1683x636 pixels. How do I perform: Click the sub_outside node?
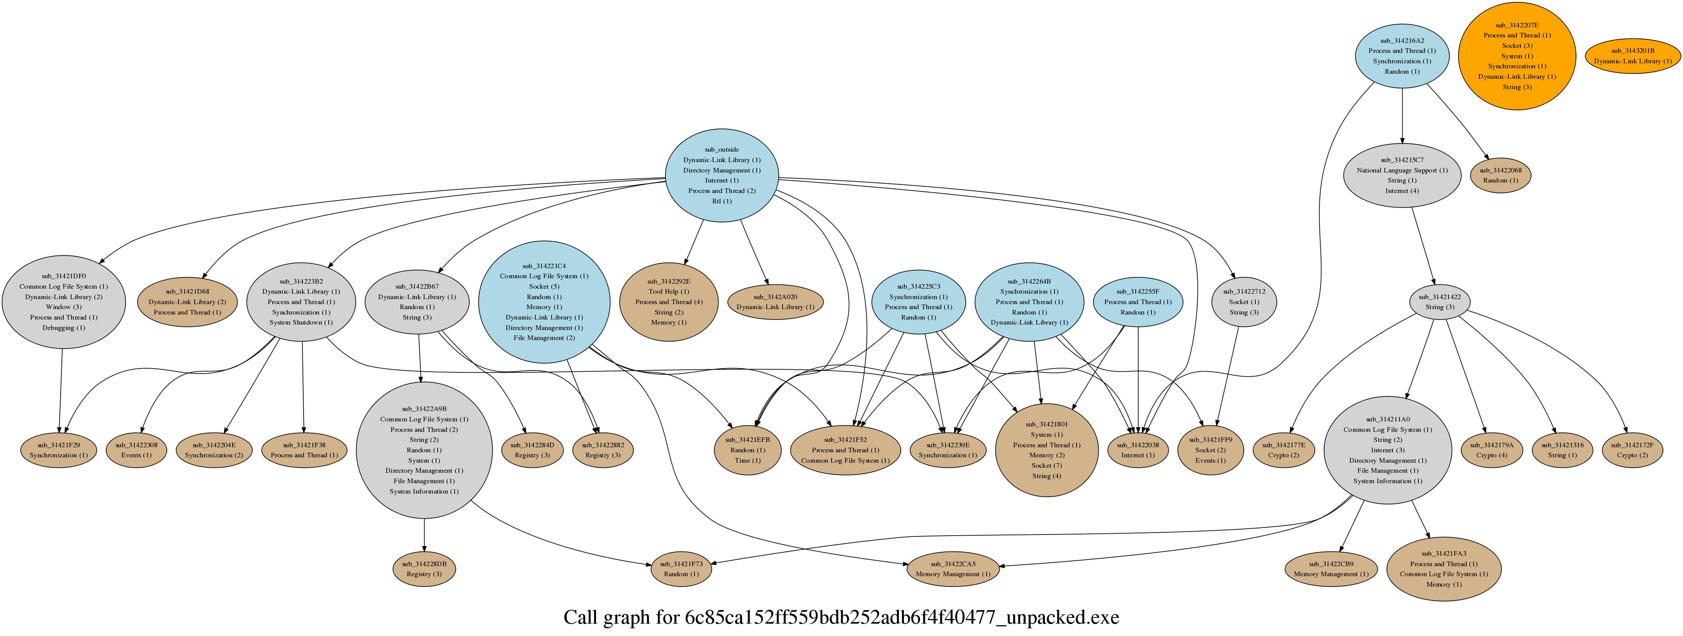tap(722, 176)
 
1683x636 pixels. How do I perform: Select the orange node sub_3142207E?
tap(1517, 56)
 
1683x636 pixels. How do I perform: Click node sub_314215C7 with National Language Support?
tap(1402, 175)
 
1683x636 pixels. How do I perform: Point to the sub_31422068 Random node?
tap(1501, 175)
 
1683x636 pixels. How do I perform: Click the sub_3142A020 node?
tap(776, 302)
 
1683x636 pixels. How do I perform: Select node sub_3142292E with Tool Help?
tap(668, 302)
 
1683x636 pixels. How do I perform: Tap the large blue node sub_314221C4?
tap(544, 302)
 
